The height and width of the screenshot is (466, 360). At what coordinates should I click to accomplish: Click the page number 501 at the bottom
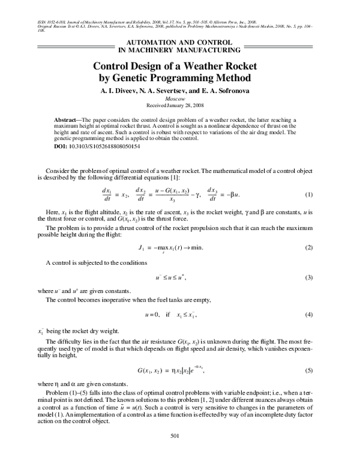[x=175, y=452]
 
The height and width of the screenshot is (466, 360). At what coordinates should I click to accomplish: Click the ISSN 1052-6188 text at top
[x=42, y=23]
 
